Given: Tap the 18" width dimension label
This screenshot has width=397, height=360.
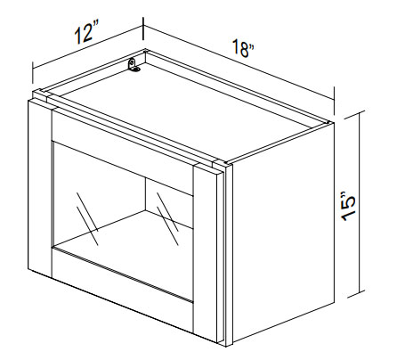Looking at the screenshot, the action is click(243, 49).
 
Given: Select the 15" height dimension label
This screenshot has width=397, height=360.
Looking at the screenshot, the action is click(348, 207).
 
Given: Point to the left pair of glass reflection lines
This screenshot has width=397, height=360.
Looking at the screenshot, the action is click(87, 218).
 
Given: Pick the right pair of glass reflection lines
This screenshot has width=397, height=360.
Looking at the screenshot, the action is click(167, 218).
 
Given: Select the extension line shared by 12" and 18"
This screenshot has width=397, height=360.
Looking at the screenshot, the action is click(144, 29).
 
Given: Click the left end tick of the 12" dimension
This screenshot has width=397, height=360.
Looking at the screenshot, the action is click(33, 73).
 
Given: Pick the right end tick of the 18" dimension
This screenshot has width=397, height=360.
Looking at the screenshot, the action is click(335, 100).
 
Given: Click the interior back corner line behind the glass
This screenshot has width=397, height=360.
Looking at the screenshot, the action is click(145, 194).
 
